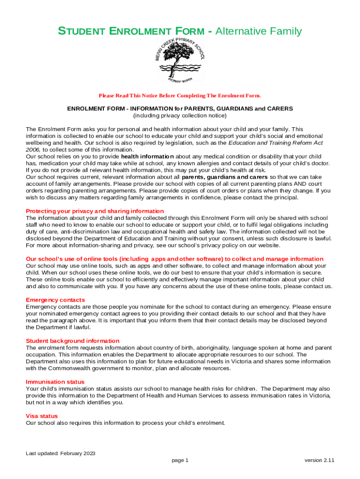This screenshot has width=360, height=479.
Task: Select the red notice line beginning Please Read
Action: [x=180, y=96]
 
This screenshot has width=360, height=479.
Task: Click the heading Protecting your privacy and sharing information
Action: [x=95, y=211]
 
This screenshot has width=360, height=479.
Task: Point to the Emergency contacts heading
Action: [x=55, y=300]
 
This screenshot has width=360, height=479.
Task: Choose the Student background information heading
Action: [x=72, y=341]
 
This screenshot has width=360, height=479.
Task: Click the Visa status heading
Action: [x=42, y=416]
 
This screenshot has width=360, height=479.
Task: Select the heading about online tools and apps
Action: [x=174, y=259]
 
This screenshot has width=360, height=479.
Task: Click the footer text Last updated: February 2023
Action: [x=61, y=453]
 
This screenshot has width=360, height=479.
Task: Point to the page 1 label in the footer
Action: [x=180, y=460]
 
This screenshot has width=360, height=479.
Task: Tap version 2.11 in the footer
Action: [x=319, y=460]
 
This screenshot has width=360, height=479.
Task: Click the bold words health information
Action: [x=147, y=156]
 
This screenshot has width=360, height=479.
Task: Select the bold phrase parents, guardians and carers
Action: [x=225, y=177]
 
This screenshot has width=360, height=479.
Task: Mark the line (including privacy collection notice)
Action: [x=180, y=116]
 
